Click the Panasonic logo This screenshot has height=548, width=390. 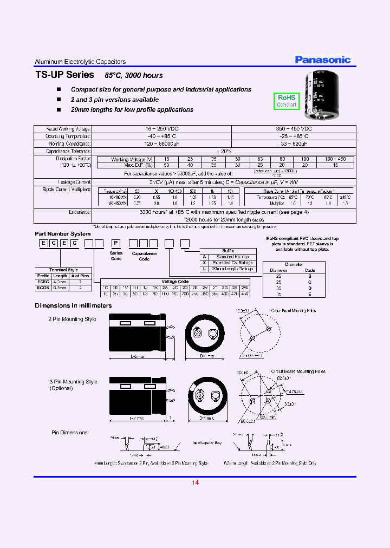(x=323, y=60)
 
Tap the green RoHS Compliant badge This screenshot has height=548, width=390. (x=287, y=101)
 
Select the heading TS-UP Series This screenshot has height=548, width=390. (x=64, y=75)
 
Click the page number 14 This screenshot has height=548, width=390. (x=195, y=482)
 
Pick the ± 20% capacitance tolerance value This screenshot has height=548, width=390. (x=224, y=151)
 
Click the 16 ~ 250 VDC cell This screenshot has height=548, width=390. (x=161, y=129)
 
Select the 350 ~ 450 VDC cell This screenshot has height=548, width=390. (x=294, y=129)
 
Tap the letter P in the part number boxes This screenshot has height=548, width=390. (x=115, y=243)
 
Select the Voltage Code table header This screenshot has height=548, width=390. (x=175, y=282)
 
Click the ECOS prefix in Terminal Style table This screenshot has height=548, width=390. (x=43, y=288)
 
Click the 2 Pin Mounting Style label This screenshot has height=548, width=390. (x=72, y=319)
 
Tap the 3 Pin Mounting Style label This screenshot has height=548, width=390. (x=73, y=382)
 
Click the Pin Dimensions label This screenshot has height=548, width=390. (x=69, y=433)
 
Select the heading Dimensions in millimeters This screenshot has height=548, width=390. (x=73, y=305)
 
